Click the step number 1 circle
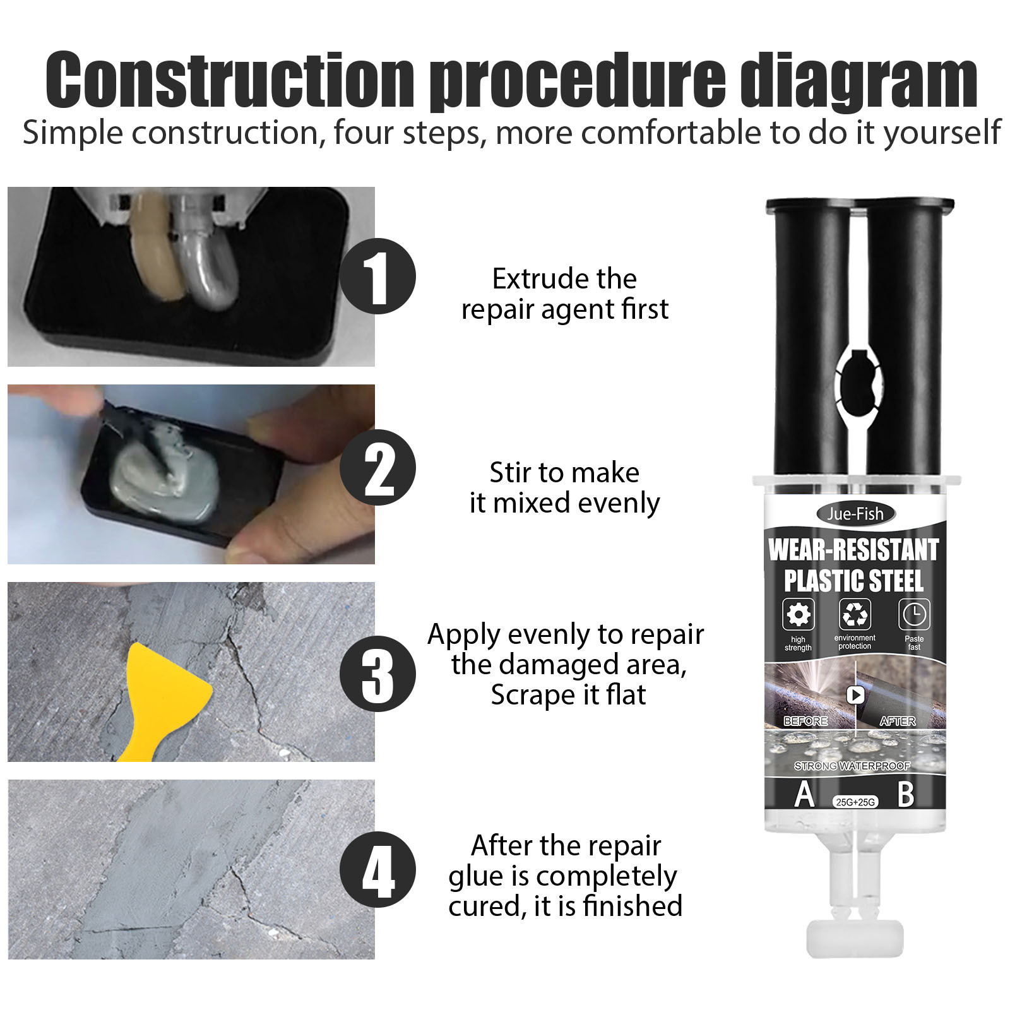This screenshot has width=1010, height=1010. [x=377, y=276]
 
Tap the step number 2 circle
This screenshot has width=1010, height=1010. [x=377, y=467]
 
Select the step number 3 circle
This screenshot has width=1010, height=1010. [x=377, y=674]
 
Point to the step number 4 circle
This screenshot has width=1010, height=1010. [x=377, y=869]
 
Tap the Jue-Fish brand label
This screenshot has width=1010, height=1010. [x=855, y=514]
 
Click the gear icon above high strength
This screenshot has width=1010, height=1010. [x=799, y=614]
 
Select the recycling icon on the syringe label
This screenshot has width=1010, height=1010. [x=855, y=614]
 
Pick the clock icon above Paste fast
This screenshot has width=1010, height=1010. [x=914, y=614]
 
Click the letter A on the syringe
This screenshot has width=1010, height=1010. [x=804, y=794]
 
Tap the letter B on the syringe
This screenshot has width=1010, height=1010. [x=906, y=794]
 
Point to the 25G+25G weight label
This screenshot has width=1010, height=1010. [x=855, y=802]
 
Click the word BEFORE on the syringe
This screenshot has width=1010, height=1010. [x=805, y=721]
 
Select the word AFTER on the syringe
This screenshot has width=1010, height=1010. [x=898, y=721]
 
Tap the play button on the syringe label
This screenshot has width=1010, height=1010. [x=855, y=695]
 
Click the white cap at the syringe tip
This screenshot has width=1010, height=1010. [x=855, y=939]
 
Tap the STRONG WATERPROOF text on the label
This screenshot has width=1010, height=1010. [x=852, y=766]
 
